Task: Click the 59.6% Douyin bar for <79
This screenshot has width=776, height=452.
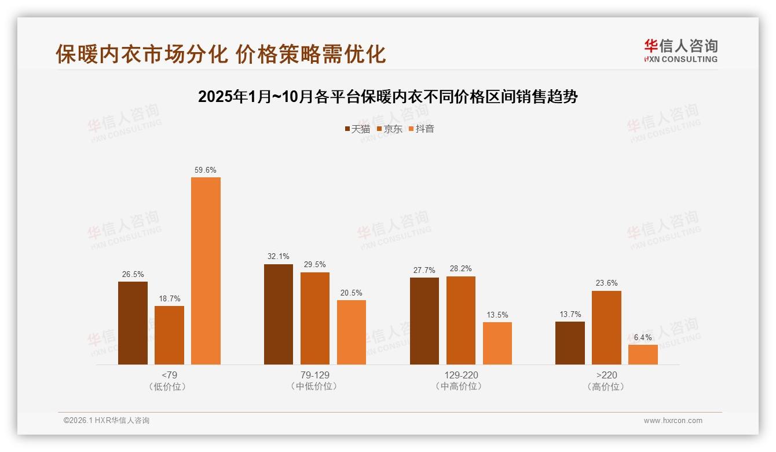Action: [206, 271]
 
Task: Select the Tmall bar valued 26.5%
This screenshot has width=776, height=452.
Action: [133, 323]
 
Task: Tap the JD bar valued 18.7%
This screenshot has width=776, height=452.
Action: [169, 335]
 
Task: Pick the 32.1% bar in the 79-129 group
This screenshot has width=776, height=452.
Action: [279, 314]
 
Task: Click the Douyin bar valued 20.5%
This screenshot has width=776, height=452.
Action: [352, 332]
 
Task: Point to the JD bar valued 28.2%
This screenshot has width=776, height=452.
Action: [460, 320]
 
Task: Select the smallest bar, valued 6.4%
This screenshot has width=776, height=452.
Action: [643, 355]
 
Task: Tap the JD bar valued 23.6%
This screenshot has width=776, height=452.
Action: [606, 327]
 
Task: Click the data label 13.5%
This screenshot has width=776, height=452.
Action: [497, 315]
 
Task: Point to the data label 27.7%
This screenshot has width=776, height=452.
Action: [424, 271]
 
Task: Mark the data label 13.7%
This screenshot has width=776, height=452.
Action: [570, 315]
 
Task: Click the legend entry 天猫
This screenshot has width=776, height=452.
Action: [357, 129]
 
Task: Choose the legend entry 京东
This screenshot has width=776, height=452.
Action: [390, 129]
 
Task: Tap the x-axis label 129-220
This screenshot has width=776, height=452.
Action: [461, 375]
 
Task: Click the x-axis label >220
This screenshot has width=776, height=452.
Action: [606, 375]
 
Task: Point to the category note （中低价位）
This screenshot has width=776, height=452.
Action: [315, 387]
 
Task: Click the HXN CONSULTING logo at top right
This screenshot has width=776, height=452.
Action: [680, 51]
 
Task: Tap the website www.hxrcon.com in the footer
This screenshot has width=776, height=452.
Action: [673, 421]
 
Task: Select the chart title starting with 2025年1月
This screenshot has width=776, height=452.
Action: [388, 97]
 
